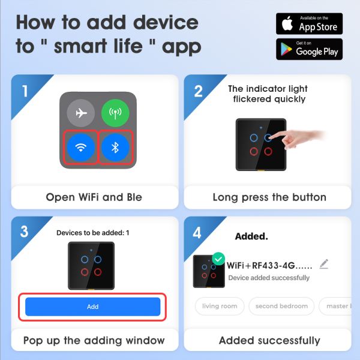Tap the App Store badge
[x=309, y=23]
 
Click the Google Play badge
[x=309, y=49]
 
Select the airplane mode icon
[x=81, y=113]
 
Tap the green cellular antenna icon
[x=115, y=113]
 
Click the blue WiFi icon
[x=81, y=148]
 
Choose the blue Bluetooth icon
[x=115, y=148]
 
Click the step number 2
[x=198, y=91]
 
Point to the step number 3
[x=24, y=231]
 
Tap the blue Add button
[x=93, y=307]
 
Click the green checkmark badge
[x=218, y=259]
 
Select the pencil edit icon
[x=324, y=264]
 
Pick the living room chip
[x=220, y=306]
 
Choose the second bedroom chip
[x=281, y=306]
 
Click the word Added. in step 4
[x=251, y=236]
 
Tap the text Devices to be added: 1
[x=93, y=233]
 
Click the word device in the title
[x=166, y=23]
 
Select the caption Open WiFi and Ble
[x=94, y=197]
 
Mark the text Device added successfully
[x=269, y=278]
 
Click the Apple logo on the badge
[x=287, y=23]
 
